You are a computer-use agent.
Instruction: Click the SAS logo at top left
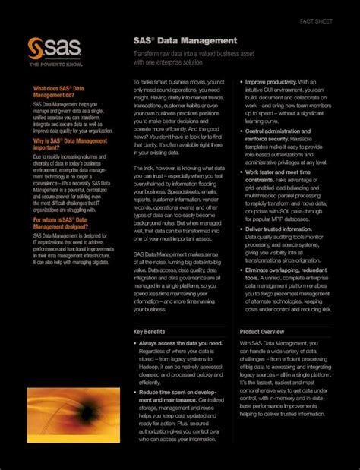pos(48,49)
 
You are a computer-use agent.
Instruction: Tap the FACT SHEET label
pos(316,21)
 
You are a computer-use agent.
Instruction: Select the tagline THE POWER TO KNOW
pos(51,65)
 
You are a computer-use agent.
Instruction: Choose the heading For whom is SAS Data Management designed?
pos(59,223)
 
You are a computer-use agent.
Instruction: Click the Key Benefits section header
pos(150,332)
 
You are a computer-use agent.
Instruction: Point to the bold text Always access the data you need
pos(181,343)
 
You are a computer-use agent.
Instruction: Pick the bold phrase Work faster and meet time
pos(276,172)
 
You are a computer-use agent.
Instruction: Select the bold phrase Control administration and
pos(279,131)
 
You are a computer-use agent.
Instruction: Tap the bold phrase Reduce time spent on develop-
pos(178,391)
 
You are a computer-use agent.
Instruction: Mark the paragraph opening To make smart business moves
pos(179,81)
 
